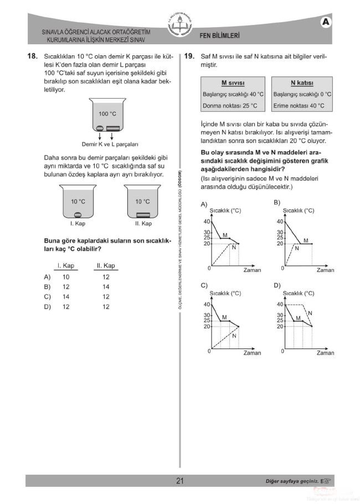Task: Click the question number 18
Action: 32,56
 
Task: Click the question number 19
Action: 189,56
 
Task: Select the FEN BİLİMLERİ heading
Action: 220,36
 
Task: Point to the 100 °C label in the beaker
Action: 107,114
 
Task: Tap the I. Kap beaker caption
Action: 78,223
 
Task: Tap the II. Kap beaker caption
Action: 143,223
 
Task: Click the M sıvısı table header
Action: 233,83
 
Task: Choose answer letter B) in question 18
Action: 48,287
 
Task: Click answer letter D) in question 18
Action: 48,307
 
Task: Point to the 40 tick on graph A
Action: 207,222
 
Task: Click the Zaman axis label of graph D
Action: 325,352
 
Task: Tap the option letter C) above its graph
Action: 204,286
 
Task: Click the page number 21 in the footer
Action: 180,481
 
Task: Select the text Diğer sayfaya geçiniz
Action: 292,481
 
